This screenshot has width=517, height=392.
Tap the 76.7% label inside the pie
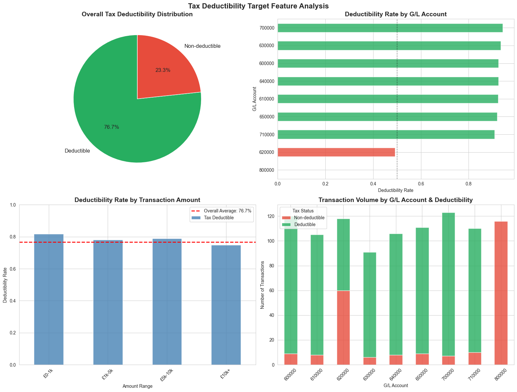(x=111, y=127)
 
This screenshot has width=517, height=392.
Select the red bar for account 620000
(x=336, y=152)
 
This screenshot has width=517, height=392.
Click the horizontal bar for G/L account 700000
(x=390, y=28)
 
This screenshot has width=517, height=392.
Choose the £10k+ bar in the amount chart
(x=226, y=305)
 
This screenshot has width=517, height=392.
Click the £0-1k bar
(x=48, y=299)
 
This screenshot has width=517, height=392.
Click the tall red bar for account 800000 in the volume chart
(x=501, y=293)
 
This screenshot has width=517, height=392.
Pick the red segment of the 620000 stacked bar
(x=343, y=328)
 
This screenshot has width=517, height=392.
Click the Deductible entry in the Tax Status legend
(x=305, y=224)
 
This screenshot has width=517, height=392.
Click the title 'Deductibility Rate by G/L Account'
(x=395, y=14)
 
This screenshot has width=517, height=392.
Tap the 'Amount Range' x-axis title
(x=137, y=386)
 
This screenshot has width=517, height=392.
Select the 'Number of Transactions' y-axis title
(x=263, y=285)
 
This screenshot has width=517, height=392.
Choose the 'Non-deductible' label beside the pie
(x=202, y=46)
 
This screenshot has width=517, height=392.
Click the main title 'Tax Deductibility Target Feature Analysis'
(x=258, y=6)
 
